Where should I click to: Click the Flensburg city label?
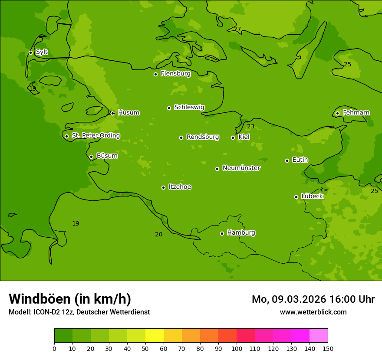click(x=175, y=74)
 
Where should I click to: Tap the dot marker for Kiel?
click(x=233, y=137)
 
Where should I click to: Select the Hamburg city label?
click(x=241, y=233)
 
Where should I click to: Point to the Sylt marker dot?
click(x=30, y=52)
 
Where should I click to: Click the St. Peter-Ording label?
click(x=95, y=136)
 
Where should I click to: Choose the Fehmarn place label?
click(x=356, y=113)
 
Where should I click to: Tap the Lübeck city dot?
click(x=296, y=197)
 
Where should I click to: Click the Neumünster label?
click(x=241, y=168)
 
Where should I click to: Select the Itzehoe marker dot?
click(x=163, y=187)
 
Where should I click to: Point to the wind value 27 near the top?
click(x=237, y=29)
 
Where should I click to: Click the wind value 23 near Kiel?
click(x=251, y=127)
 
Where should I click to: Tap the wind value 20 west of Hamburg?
click(x=159, y=234)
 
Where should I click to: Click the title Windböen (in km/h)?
click(x=70, y=299)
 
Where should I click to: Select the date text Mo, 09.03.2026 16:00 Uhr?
click(x=313, y=299)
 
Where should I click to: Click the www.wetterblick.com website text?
click(x=313, y=312)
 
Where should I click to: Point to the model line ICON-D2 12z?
click(x=79, y=312)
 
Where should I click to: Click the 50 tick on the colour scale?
click(x=145, y=348)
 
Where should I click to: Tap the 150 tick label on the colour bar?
click(x=328, y=348)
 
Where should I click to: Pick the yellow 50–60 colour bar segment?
click(x=155, y=336)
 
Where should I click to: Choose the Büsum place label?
click(x=107, y=156)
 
